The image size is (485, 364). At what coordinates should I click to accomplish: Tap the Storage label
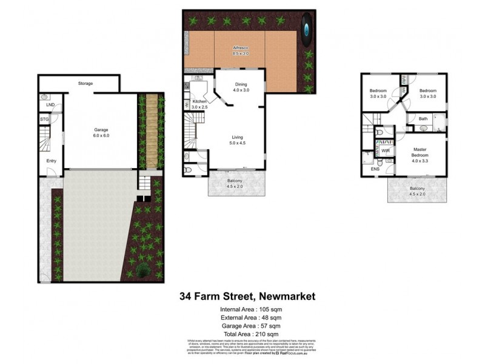pos(85,83)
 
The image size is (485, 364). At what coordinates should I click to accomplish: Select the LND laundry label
pos(50,106)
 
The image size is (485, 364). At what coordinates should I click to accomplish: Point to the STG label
pos(44,120)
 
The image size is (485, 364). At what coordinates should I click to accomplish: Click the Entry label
pos(51,161)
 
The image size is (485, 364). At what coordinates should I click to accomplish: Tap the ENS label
pos(375,169)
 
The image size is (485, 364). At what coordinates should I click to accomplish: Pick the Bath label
pos(423,119)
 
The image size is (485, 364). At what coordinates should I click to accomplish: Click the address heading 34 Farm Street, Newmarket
pos(247,297)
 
